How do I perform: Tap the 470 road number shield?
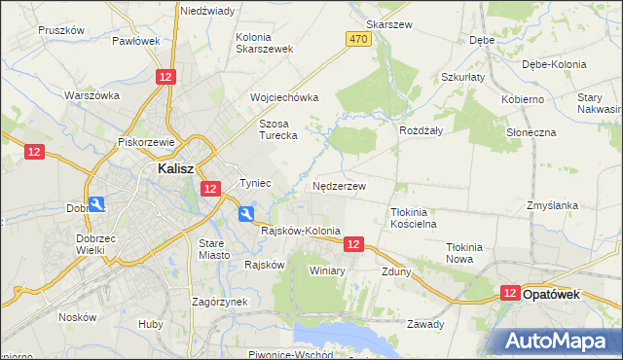click(357, 38)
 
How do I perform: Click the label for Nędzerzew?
click(339, 185)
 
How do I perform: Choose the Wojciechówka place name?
click(284, 98)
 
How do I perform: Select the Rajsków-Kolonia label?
click(301, 231)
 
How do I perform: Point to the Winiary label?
click(328, 270)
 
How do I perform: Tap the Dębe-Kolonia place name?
click(554, 64)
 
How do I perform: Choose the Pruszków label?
click(61, 30)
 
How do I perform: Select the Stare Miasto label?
click(214, 248)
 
